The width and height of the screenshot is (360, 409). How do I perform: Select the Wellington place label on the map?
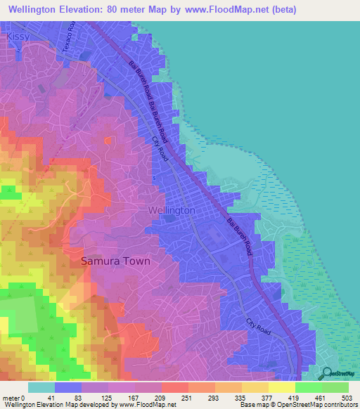click(172, 210)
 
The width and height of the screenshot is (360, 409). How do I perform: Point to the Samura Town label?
click(115, 261)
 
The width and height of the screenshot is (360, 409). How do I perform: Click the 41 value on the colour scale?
click(41, 398)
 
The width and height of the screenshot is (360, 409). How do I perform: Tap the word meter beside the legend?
click(10, 398)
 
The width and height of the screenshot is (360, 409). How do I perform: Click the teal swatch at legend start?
click(41, 387)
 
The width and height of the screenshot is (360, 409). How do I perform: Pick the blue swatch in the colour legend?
click(68, 387)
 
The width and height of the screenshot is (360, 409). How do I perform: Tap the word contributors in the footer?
click(340, 405)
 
